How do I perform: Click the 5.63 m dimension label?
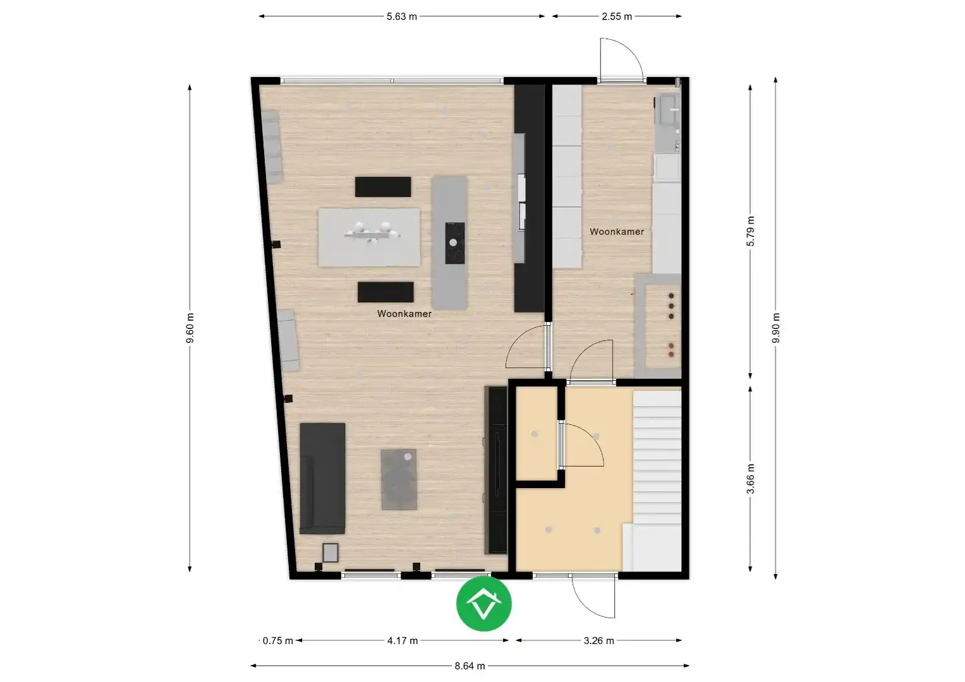tap(402, 16)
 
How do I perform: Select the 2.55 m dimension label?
tap(617, 16)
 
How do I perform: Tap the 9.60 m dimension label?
tap(190, 328)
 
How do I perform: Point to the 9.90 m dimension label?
tap(776, 328)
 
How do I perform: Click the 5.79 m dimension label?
tap(751, 231)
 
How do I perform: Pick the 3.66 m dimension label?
tap(751, 478)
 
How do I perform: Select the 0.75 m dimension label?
tap(278, 640)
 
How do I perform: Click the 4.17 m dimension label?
tap(403, 640)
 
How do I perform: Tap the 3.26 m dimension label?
tap(599, 640)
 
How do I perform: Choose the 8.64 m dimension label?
tap(470, 666)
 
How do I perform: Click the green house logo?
tap(484, 603)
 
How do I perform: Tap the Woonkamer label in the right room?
tap(617, 232)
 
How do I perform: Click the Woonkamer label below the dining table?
tap(404, 314)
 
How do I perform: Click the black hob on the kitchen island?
tap(454, 243)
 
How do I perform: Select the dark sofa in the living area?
tap(323, 478)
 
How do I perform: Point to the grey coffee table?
tap(399, 479)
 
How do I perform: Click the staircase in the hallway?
tap(657, 467)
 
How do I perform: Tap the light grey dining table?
tap(370, 237)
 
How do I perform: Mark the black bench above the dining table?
tap(383, 187)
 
